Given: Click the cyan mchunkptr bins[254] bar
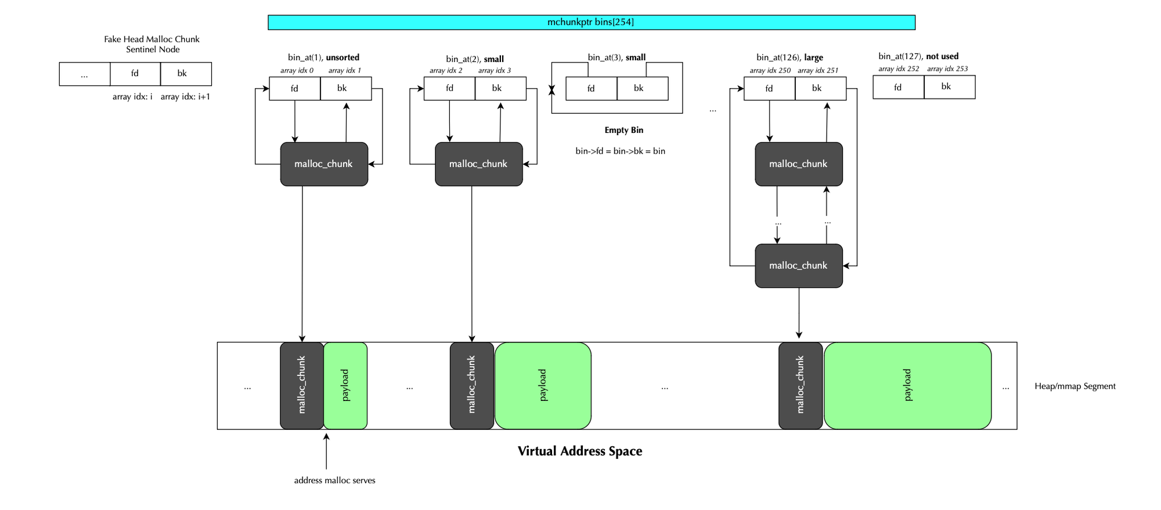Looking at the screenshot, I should click(x=591, y=22).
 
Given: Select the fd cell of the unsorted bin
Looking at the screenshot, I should click(x=294, y=88).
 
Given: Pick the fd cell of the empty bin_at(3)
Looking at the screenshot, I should click(x=591, y=88).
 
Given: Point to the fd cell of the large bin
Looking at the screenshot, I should click(x=769, y=88).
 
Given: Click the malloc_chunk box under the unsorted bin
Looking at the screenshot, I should click(x=324, y=164).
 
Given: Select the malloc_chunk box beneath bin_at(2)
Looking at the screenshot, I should click(x=478, y=164).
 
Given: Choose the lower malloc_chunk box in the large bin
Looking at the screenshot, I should click(x=798, y=266).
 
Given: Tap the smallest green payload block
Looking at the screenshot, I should click(x=345, y=385).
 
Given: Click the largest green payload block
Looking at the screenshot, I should click(x=907, y=385).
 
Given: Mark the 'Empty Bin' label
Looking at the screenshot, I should click(x=623, y=130).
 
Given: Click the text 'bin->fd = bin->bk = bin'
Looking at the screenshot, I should click(x=620, y=151).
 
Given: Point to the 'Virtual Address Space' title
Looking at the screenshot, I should click(x=579, y=451).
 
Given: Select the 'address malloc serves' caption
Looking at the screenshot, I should click(x=334, y=480).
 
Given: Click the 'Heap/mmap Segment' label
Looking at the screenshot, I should click(x=1075, y=386).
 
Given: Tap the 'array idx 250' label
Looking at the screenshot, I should click(x=770, y=70).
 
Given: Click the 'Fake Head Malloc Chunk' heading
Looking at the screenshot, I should click(x=152, y=39).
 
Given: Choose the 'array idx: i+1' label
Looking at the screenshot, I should click(x=185, y=96).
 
